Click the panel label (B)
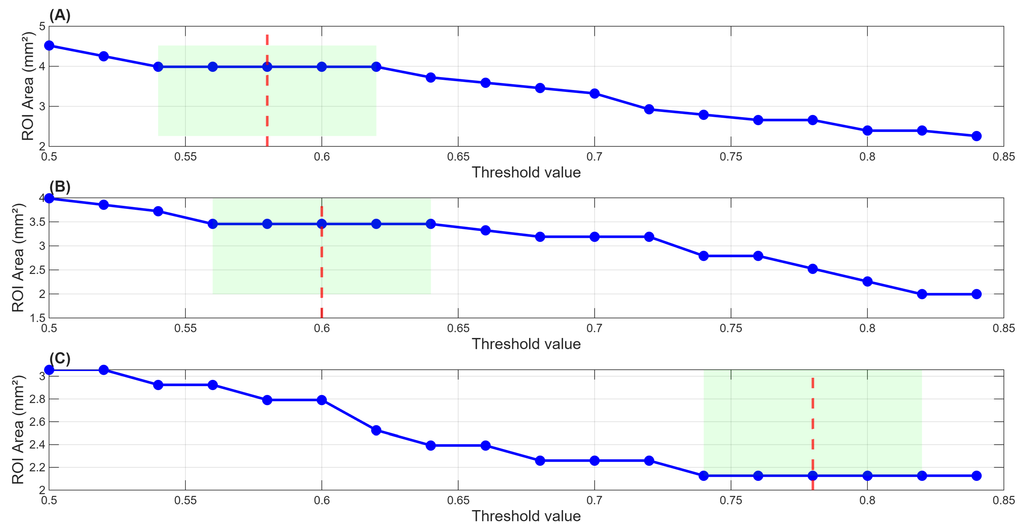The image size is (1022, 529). [x=60, y=186]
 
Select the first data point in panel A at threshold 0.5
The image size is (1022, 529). [x=49, y=46]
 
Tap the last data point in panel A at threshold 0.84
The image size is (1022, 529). [x=976, y=136]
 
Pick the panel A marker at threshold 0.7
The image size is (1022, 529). [x=594, y=94]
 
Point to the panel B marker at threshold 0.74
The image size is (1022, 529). [x=704, y=256]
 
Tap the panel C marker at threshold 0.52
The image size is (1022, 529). [x=104, y=370]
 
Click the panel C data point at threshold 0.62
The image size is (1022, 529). [x=376, y=430]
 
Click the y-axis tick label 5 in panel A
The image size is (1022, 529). [x=42, y=26]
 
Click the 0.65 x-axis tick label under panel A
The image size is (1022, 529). [x=458, y=157]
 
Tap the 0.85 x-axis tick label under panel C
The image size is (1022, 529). [x=1003, y=500]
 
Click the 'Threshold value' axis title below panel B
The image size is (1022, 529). [x=526, y=344]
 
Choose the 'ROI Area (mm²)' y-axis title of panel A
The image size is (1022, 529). [x=28, y=87]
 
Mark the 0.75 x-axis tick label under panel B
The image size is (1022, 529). [x=731, y=328]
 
